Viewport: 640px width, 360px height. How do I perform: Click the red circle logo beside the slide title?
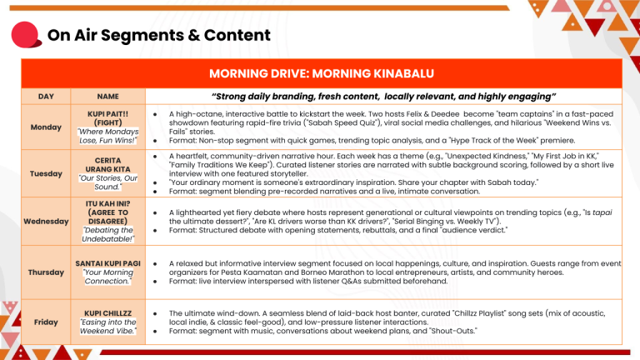(x=28, y=36)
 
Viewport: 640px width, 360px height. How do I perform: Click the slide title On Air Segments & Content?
(x=158, y=35)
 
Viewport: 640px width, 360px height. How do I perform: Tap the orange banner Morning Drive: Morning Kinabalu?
(x=320, y=72)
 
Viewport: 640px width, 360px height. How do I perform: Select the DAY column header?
(x=47, y=97)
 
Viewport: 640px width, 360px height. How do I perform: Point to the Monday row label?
(x=47, y=127)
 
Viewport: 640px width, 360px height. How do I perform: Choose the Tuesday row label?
(x=47, y=173)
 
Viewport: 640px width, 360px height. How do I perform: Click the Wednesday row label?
(x=47, y=222)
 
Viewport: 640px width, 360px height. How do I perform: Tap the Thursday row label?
(x=47, y=272)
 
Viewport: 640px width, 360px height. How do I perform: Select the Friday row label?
(x=47, y=321)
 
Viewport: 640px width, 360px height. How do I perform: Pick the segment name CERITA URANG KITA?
(x=107, y=165)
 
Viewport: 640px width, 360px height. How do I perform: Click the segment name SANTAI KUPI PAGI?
(x=107, y=263)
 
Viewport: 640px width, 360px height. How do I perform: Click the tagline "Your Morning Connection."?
(x=107, y=277)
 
